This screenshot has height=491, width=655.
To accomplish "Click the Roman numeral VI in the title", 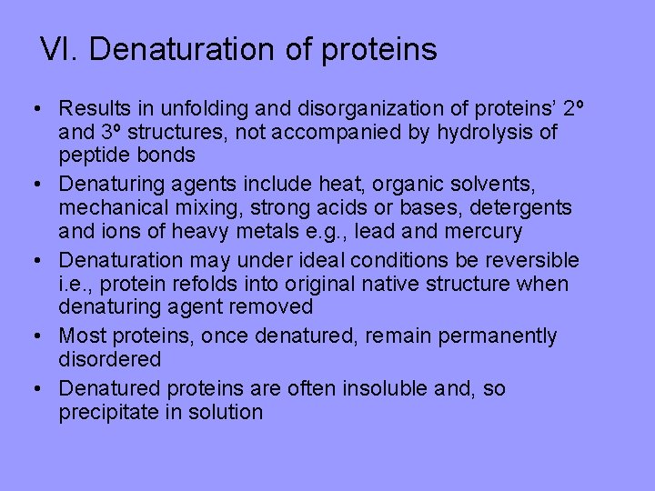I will pyautogui.click(x=58, y=49).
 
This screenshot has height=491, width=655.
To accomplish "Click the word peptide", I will pyautogui.click(x=96, y=155).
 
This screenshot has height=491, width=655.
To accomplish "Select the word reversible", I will pyautogui.click(x=529, y=261).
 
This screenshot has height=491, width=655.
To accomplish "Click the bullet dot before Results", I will pyautogui.click(x=33, y=109).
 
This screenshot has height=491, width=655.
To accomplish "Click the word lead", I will pyautogui.click(x=384, y=232).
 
